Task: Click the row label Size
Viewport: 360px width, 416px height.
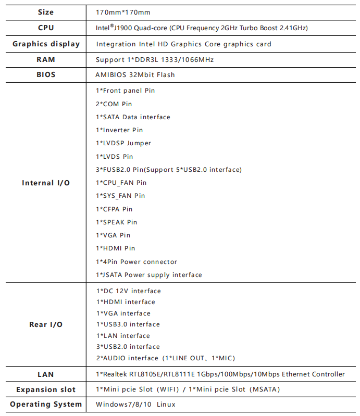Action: tap(46, 12)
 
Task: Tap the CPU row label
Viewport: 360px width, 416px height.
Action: tap(46, 28)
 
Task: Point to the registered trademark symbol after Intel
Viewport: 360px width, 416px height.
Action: tap(111, 25)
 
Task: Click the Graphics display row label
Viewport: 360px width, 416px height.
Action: tap(46, 44)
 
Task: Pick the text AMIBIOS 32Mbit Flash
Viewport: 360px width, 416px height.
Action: tap(135, 74)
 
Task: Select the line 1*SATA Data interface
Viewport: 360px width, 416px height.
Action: tap(133, 117)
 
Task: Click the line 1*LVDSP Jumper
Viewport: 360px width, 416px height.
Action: tap(123, 143)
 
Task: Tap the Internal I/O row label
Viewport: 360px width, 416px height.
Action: tap(46, 183)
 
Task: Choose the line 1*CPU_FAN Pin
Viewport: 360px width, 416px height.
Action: tap(121, 183)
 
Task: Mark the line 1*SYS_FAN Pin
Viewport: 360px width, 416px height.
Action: tap(120, 196)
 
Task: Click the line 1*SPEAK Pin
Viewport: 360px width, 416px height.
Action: tap(117, 222)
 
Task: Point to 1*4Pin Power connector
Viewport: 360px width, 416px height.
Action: tap(136, 262)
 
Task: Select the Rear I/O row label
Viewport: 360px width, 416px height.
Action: tap(46, 324)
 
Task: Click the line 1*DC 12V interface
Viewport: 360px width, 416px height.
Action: tap(128, 291)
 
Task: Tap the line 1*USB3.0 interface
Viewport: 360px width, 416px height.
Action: tap(128, 324)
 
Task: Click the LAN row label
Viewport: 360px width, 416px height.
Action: tap(46, 374)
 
